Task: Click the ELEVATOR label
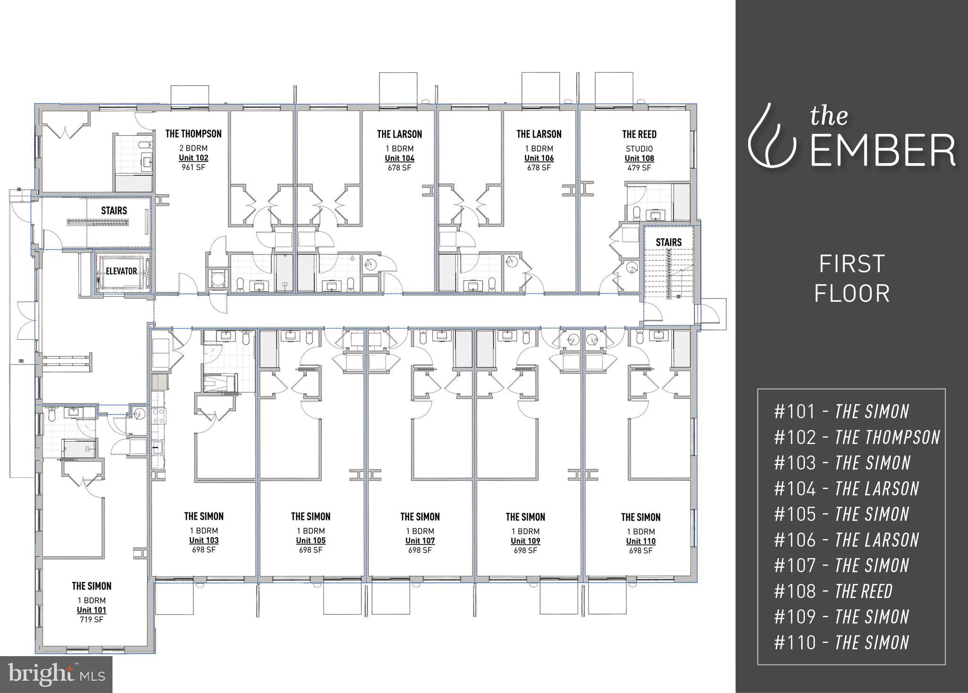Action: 121,271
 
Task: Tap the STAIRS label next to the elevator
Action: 114,210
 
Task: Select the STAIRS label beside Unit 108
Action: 668,242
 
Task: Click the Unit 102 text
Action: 193,158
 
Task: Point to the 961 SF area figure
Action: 193,167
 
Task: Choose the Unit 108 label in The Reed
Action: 639,158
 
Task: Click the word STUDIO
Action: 639,149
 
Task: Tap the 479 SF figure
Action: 639,168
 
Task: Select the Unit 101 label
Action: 92,610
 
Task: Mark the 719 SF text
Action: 92,619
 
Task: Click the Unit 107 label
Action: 420,541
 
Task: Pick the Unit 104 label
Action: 399,158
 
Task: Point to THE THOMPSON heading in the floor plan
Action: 193,134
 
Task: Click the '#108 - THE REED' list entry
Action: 833,591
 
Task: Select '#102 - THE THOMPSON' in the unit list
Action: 856,437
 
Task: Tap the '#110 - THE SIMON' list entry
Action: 841,642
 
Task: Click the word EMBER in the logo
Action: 882,150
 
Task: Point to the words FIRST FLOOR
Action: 852,278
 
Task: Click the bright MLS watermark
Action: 56,674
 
